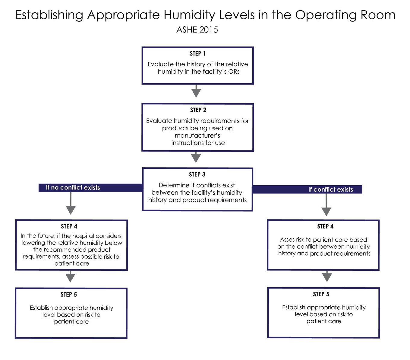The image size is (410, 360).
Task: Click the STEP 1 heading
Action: (x=197, y=54)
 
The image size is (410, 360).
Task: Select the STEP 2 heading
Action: (x=198, y=110)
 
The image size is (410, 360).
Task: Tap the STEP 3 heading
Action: (x=197, y=174)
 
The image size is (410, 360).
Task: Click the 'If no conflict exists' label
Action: (x=73, y=188)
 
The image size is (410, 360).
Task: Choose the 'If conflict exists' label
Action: (x=330, y=190)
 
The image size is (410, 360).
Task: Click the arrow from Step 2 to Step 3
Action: (x=196, y=157)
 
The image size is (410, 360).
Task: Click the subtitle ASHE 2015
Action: (x=197, y=30)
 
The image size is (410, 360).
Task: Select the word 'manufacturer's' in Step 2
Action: (x=197, y=135)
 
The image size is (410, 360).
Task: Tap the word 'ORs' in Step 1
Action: (x=234, y=72)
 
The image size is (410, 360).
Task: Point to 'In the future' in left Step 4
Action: (x=38, y=236)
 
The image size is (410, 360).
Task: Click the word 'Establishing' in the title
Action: (x=49, y=15)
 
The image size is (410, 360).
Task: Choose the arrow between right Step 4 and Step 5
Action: (x=327, y=276)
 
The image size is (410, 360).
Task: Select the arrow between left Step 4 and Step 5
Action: (x=70, y=276)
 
